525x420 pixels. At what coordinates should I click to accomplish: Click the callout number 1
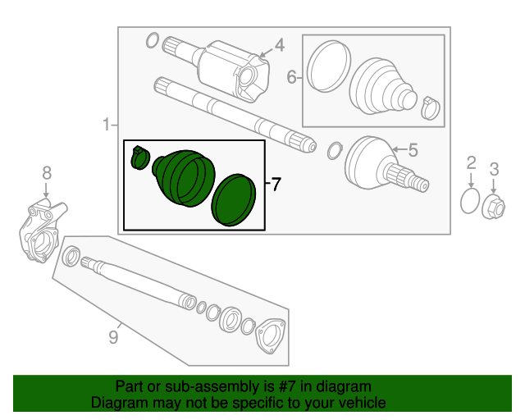(105, 125)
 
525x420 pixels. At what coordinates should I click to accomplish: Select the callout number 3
(494, 170)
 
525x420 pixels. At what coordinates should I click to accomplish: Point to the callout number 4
(279, 45)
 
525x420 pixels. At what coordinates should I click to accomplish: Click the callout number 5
(413, 149)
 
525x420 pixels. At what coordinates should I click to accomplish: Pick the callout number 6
(291, 79)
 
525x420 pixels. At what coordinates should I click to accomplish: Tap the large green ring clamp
(233, 199)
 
